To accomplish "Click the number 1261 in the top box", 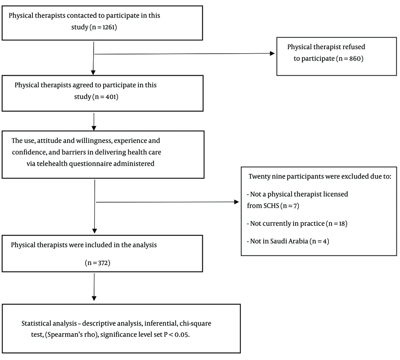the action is click(x=108, y=27).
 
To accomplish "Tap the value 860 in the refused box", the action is click(x=355, y=58).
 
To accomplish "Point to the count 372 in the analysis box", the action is click(x=103, y=263).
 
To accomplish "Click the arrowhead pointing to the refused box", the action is click(x=272, y=53).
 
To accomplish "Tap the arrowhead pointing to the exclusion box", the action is click(x=236, y=202).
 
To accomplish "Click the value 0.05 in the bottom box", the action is click(x=182, y=334).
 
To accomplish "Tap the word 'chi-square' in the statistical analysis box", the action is click(x=196, y=324).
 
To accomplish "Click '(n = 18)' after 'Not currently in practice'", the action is click(x=336, y=223).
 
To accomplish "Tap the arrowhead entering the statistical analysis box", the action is click(x=94, y=298).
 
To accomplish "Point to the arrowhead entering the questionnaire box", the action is click(x=94, y=128).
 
